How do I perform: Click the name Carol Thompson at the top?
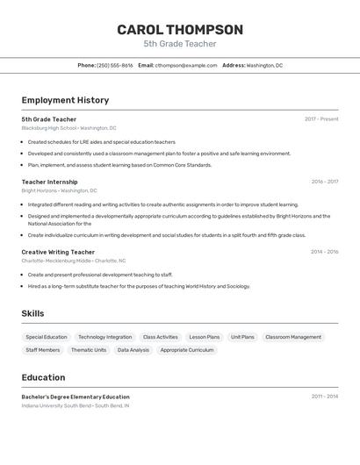click(x=180, y=30)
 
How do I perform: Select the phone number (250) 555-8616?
click(x=115, y=65)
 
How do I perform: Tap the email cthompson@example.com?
click(x=186, y=65)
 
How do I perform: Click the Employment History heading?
click(x=65, y=100)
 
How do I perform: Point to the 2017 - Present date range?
click(x=321, y=119)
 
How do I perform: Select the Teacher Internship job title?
click(x=49, y=182)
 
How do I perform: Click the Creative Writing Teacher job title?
click(x=58, y=252)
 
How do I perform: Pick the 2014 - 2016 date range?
click(x=324, y=252)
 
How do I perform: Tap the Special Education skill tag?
click(x=47, y=337)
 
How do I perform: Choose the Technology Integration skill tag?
click(x=104, y=337)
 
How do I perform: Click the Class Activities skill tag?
click(x=161, y=337)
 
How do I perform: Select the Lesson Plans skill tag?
click(x=205, y=337)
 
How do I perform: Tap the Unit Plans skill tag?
click(x=242, y=337)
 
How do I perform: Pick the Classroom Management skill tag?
click(x=293, y=337)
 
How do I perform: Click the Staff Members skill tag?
click(x=43, y=350)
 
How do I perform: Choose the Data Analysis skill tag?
click(x=133, y=350)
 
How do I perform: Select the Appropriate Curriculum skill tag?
click(x=187, y=350)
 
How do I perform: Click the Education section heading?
click(x=43, y=377)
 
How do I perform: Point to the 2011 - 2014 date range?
click(x=324, y=397)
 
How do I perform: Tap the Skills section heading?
click(x=32, y=313)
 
